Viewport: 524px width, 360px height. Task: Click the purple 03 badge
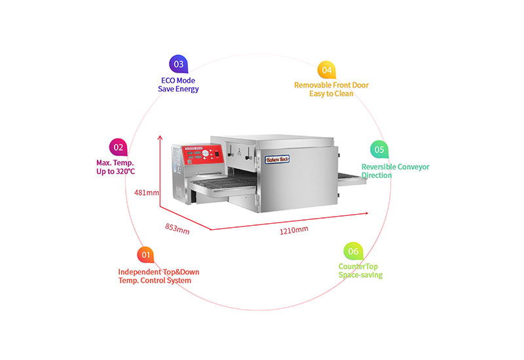click(178, 63)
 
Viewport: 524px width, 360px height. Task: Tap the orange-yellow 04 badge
click(326, 70)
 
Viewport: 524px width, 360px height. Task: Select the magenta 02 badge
click(119, 147)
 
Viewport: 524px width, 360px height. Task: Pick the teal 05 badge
click(379, 149)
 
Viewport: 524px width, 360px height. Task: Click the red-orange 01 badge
click(145, 255)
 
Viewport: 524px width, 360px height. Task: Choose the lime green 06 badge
click(353, 251)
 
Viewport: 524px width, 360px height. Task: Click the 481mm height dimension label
click(146, 192)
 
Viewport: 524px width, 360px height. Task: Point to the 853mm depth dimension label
click(177, 228)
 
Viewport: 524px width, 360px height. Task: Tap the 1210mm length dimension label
click(294, 230)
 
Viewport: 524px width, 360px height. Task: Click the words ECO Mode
click(178, 81)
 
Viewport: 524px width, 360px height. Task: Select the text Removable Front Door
click(331, 85)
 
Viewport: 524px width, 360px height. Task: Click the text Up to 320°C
click(116, 171)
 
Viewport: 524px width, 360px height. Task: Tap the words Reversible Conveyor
click(396, 167)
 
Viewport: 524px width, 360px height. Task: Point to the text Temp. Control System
click(155, 281)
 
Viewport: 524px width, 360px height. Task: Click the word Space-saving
click(361, 275)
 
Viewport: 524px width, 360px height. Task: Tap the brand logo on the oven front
click(277, 160)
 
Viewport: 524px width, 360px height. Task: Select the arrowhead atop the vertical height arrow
click(160, 137)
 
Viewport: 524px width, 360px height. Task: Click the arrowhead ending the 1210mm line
click(366, 213)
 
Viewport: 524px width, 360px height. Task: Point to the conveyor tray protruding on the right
click(352, 179)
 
